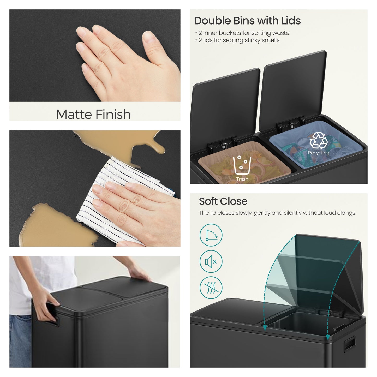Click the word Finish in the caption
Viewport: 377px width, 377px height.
click(113, 115)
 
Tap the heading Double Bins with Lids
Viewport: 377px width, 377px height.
click(248, 21)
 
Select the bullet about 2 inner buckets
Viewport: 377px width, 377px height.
click(242, 33)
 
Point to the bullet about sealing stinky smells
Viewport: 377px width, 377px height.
click(237, 40)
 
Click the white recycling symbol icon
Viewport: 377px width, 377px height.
click(318, 141)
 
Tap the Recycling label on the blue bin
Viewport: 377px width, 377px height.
click(319, 153)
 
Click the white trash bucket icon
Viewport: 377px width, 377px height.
click(242, 165)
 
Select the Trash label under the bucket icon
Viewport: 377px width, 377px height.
click(242, 179)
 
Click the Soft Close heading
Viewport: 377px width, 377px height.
click(223, 201)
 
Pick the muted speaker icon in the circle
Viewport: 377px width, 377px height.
click(211, 261)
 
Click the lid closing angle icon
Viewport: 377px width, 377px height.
click(211, 235)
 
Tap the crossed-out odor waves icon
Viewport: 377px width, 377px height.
click(211, 288)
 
